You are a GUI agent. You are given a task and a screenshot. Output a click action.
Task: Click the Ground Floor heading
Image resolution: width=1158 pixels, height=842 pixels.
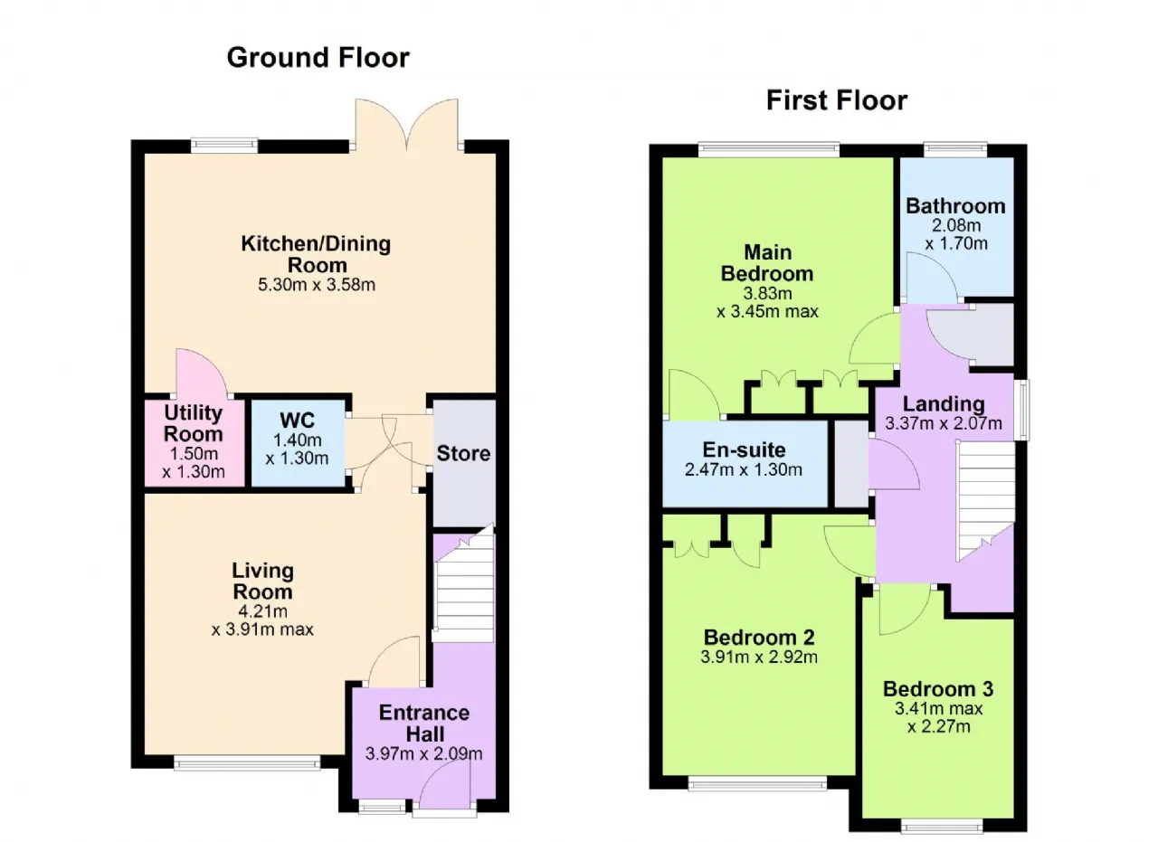318,57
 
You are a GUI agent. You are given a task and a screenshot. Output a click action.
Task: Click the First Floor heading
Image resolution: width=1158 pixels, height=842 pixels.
837,100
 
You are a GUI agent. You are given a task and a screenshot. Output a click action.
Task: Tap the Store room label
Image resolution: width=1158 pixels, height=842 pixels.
463,453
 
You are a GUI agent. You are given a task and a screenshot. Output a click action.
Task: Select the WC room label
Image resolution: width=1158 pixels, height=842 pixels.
298,421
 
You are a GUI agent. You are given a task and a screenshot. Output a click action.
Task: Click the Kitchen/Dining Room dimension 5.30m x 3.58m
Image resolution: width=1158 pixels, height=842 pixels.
317,284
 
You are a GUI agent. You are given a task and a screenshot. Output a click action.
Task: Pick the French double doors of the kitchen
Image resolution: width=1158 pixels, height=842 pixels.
407,125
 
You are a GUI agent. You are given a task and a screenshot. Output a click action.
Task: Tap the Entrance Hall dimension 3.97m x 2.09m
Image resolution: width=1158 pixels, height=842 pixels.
424,753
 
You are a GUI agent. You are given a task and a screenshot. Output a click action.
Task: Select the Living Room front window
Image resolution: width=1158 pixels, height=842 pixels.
247,763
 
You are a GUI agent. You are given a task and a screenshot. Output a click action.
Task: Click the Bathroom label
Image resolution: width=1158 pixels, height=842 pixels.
955,206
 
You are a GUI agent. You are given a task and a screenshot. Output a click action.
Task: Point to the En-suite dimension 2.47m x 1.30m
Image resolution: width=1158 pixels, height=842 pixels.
744,469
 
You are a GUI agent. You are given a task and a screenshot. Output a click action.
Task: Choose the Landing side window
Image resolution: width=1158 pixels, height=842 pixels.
1021,411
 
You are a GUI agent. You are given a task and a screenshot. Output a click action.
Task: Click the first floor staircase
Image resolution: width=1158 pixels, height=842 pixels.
987,500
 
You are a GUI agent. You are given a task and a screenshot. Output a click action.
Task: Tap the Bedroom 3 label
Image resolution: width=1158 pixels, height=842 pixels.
938,689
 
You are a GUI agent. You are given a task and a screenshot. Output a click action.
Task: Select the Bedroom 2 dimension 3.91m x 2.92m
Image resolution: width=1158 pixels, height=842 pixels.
759,657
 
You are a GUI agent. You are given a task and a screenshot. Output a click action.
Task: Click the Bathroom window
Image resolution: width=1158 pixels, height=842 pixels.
955,149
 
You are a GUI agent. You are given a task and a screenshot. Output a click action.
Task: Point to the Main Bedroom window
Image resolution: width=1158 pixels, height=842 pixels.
769,149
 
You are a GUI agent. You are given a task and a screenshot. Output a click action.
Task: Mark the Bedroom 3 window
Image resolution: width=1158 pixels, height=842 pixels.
942,828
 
